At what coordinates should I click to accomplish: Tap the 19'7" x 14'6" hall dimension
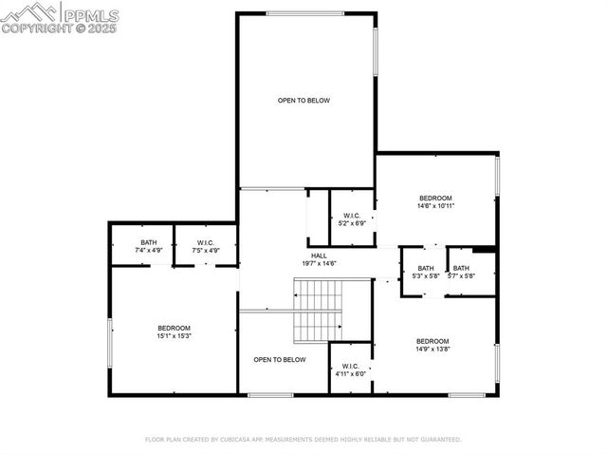click(x=320, y=263)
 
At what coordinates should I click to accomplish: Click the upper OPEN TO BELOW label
click(x=303, y=100)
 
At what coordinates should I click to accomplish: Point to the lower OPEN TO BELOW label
click(x=280, y=359)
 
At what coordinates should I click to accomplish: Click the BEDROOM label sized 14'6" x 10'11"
click(x=436, y=198)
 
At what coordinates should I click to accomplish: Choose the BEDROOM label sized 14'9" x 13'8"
click(x=432, y=341)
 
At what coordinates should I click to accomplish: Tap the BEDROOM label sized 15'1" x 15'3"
click(x=175, y=328)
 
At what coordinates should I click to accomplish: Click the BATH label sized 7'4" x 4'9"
click(x=149, y=243)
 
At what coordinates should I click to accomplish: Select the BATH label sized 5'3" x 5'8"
click(x=425, y=268)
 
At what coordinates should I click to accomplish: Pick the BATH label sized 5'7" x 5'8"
click(x=460, y=268)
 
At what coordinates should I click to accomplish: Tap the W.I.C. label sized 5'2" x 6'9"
click(x=352, y=217)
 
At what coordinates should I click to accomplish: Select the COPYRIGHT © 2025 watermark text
click(x=59, y=29)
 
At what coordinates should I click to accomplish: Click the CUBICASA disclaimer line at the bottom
click(x=303, y=440)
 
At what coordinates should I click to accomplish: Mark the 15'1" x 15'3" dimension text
click(x=175, y=335)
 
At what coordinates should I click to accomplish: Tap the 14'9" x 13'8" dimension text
click(x=432, y=349)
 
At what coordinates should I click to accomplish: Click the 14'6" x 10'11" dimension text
click(x=436, y=205)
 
